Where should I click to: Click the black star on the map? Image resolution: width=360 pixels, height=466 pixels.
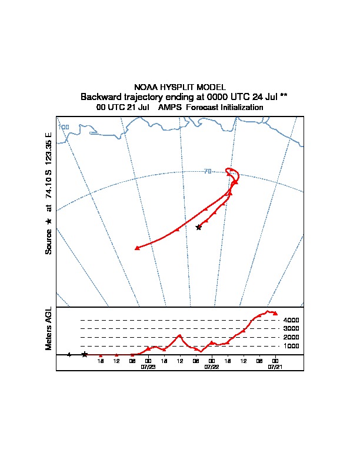click(198, 227)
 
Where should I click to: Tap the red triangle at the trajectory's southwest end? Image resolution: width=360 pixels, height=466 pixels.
click(137, 248)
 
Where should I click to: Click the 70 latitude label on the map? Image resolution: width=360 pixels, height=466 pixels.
click(208, 171)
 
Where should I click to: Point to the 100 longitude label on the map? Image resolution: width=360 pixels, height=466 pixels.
click(64, 127)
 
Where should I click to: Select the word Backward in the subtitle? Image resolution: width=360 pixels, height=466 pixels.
click(100, 96)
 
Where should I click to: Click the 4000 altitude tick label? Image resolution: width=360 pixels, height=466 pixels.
click(291, 320)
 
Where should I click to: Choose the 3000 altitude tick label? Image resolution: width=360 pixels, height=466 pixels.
click(291, 328)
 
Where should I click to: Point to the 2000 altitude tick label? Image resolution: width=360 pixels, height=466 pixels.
click(291, 337)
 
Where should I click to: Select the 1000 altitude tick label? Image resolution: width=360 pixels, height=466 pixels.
click(291, 346)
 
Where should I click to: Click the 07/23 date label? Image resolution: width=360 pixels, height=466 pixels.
click(148, 366)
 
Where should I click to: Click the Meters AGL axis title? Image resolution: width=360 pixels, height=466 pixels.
click(49, 329)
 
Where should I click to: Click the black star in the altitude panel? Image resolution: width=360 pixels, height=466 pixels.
click(85, 354)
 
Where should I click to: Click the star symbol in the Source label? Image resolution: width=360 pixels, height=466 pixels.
click(49, 221)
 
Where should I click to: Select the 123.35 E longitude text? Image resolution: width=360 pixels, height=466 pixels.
click(49, 149)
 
